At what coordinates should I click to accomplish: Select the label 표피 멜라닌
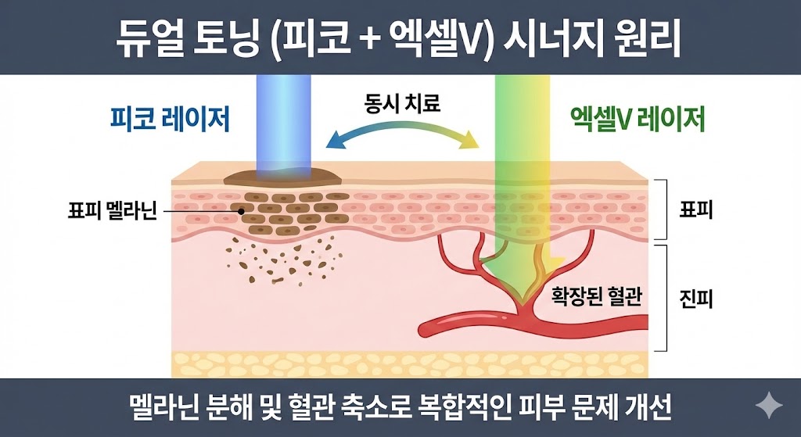click(x=112, y=212)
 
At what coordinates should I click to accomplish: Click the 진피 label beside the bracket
click(x=695, y=298)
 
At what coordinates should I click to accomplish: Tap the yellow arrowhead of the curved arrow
click(x=469, y=141)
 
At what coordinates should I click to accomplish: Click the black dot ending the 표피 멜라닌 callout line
click(x=242, y=211)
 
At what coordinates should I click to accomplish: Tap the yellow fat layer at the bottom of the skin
click(x=407, y=364)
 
